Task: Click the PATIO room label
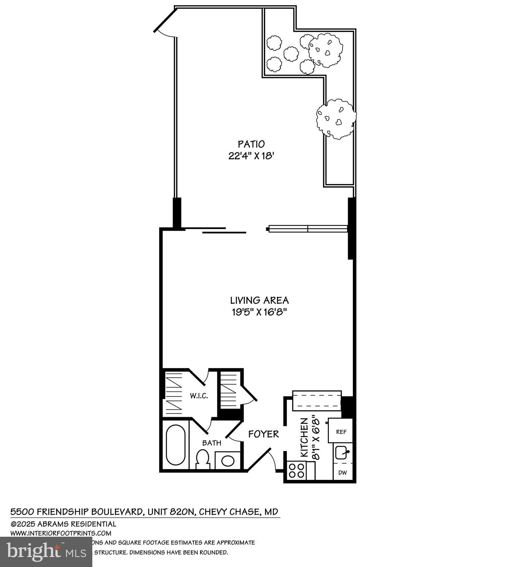click(x=251, y=144)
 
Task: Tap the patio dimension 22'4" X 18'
click(x=251, y=156)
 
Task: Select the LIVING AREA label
click(x=259, y=300)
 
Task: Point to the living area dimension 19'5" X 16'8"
click(x=259, y=312)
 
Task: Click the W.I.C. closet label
click(x=199, y=396)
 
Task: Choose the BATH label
click(x=212, y=443)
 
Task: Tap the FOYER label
click(x=263, y=434)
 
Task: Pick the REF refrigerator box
click(x=341, y=432)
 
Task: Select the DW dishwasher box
click(x=343, y=473)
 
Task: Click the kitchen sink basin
click(x=342, y=453)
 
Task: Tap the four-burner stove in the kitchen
click(x=297, y=471)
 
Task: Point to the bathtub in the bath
click(x=175, y=445)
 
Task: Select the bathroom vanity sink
click(x=227, y=461)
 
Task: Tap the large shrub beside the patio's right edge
click(x=336, y=118)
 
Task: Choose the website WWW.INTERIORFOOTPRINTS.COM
click(x=61, y=533)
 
